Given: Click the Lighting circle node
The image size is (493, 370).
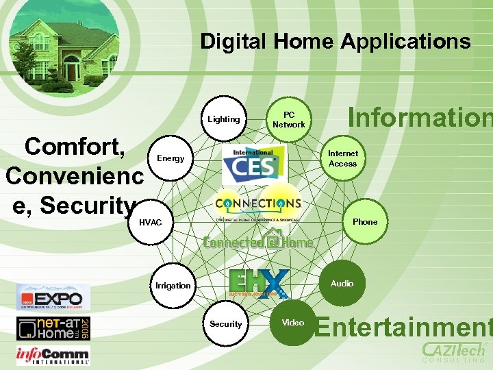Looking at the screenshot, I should (x=224, y=119).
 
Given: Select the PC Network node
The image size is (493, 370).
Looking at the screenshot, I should (x=289, y=120).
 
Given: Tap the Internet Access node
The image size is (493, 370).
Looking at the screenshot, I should (x=342, y=159).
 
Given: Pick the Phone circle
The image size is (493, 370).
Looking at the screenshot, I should (x=364, y=222).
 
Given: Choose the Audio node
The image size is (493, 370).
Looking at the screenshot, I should (x=342, y=284).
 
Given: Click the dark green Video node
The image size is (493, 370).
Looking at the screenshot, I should (x=293, y=323).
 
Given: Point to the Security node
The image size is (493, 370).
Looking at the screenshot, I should (x=226, y=324).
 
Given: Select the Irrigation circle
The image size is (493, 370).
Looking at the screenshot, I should (x=173, y=285).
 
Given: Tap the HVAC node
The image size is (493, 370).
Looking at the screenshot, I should (x=151, y=223).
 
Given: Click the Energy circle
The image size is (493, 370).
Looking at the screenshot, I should (x=170, y=159).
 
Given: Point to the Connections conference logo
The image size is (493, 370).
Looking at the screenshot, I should (x=257, y=204).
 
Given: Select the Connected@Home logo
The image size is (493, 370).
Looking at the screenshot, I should (x=259, y=241).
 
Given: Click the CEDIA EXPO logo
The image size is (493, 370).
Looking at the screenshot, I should (x=53, y=297).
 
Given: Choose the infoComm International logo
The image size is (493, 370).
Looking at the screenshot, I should (x=53, y=355).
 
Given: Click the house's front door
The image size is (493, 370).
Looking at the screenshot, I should (x=72, y=71).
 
